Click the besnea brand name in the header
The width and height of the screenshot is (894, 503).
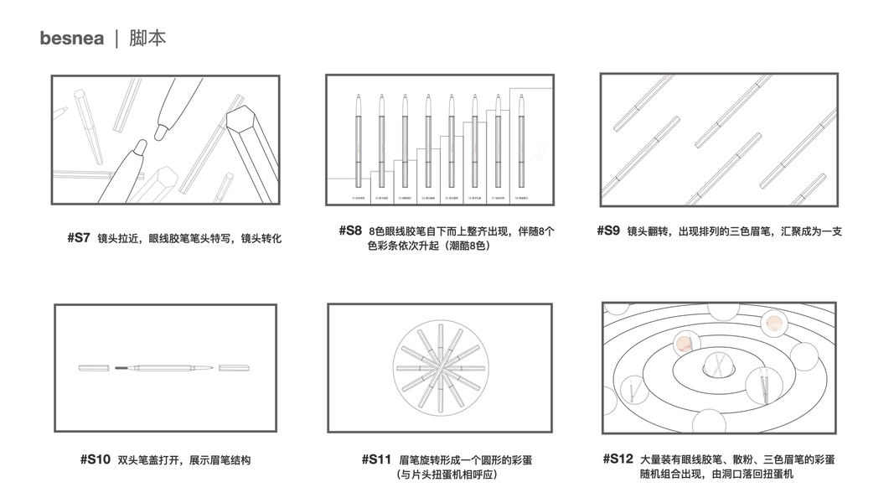(71, 39)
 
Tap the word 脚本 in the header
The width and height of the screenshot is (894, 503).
(147, 39)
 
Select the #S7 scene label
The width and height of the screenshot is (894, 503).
(79, 238)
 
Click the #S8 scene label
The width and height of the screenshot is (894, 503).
(350, 230)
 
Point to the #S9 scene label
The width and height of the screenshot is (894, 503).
(608, 231)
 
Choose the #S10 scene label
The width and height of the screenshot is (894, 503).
(95, 459)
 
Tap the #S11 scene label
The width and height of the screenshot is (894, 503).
(376, 459)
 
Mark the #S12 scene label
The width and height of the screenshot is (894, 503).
(618, 459)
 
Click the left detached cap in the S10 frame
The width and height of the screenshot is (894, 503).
(94, 368)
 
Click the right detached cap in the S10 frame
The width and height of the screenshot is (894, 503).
(234, 368)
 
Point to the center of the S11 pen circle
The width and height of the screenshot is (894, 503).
(439, 367)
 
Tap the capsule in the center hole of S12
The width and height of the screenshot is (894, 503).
(718, 365)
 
